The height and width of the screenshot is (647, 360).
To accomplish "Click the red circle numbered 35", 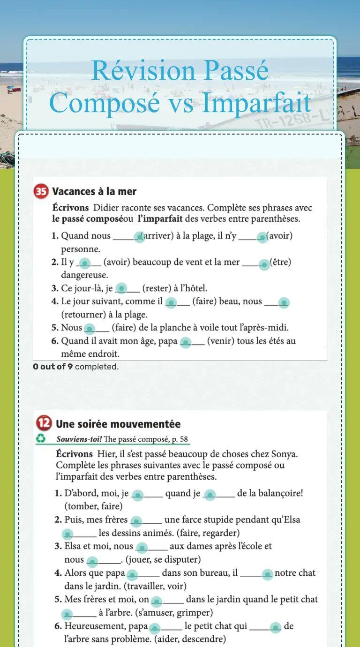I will point(41,191).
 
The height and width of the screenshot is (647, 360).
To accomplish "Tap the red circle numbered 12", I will point(44,423).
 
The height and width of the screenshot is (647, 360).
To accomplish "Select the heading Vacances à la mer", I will point(94,191).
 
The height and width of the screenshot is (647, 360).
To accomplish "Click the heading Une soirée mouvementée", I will point(118,424).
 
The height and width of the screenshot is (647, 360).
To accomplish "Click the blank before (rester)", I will point(122,288).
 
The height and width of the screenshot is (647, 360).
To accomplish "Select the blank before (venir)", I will point(186,343).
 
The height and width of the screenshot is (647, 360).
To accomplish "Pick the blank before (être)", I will point(264,264).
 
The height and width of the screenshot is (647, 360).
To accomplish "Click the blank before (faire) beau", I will point(172,303).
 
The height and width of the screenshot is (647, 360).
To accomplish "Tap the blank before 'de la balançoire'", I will point(210,495).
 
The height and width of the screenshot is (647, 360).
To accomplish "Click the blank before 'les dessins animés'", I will point(68,534).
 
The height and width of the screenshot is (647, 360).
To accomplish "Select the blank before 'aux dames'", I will point(142,547).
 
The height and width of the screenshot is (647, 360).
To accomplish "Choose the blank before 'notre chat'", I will point(267,574).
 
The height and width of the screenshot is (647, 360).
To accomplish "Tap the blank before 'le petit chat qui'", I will point(155,627).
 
